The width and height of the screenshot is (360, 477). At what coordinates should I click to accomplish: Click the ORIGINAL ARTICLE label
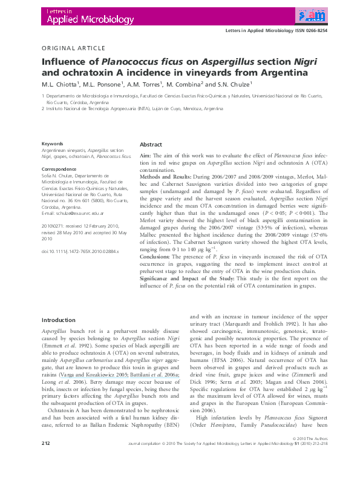pyautogui.click(x=73, y=48)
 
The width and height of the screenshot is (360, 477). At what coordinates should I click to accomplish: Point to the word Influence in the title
pyautogui.click(x=63, y=61)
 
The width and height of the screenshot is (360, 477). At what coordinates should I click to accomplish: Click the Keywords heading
pyautogui.click(x=52, y=143)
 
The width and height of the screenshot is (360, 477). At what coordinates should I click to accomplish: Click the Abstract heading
pyautogui.click(x=151, y=145)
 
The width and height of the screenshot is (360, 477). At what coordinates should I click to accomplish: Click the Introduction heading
pyautogui.click(x=59, y=320)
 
